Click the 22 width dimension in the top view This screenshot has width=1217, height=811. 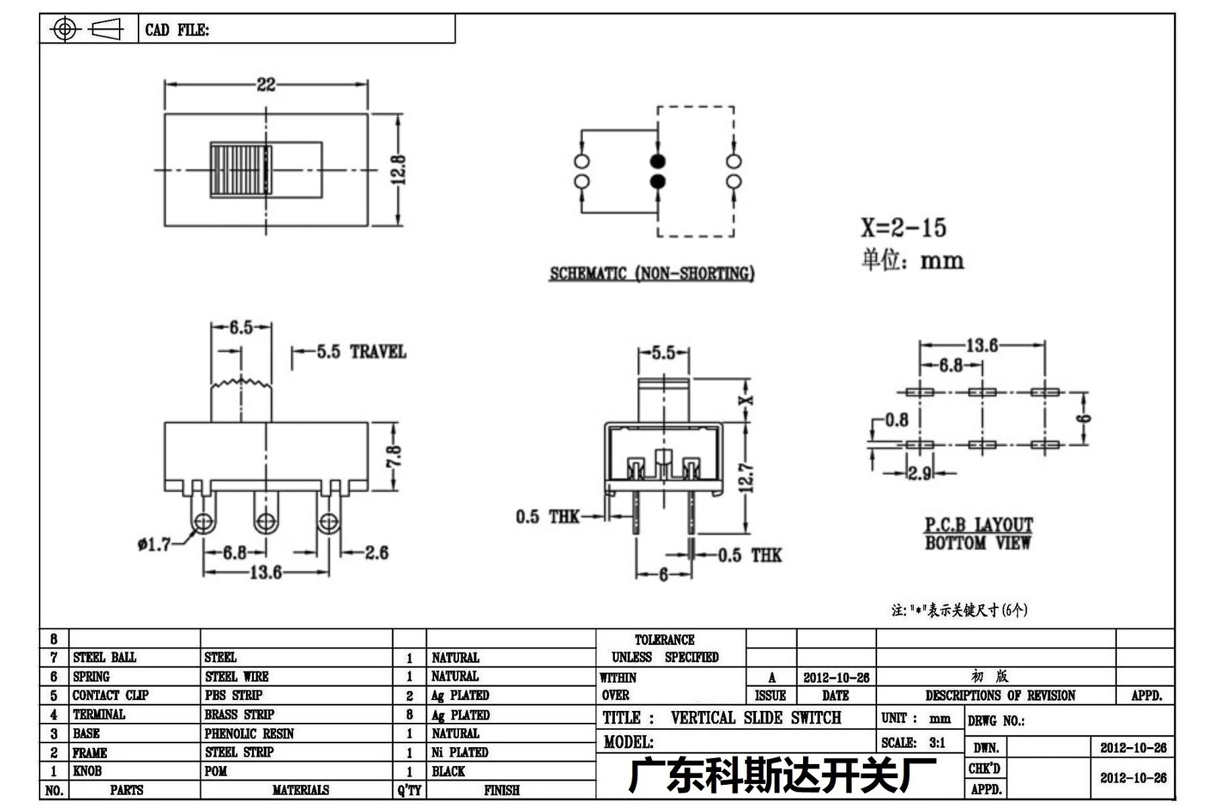266,84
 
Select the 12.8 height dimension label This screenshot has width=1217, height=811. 397,170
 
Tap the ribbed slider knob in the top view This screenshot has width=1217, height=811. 241,169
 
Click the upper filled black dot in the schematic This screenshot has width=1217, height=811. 658,161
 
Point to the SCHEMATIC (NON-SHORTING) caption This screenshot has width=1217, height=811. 652,273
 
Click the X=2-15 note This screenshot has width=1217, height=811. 904,228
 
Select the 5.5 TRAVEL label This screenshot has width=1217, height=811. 362,351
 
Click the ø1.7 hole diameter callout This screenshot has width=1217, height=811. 155,544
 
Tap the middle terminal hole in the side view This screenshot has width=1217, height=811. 265,521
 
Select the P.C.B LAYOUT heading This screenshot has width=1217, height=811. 978,524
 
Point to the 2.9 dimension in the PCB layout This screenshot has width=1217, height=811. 920,473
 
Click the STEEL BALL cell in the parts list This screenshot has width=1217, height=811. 105,657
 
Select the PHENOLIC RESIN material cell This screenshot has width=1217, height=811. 249,734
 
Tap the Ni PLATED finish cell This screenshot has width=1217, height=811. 460,753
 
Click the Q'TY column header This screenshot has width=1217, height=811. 409,790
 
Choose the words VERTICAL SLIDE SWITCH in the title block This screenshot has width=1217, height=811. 756,718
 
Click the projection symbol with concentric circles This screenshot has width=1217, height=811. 65,29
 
